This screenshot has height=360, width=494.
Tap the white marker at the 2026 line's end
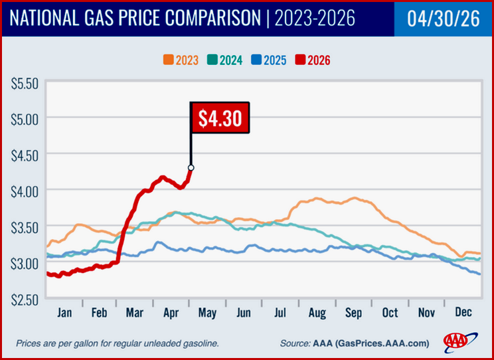click(x=191, y=167)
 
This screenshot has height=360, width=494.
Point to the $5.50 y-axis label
click(x=25, y=84)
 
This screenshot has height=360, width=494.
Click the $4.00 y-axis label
click(x=25, y=191)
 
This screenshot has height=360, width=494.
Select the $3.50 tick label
click(x=25, y=226)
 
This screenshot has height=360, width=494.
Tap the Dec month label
click(x=463, y=313)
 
